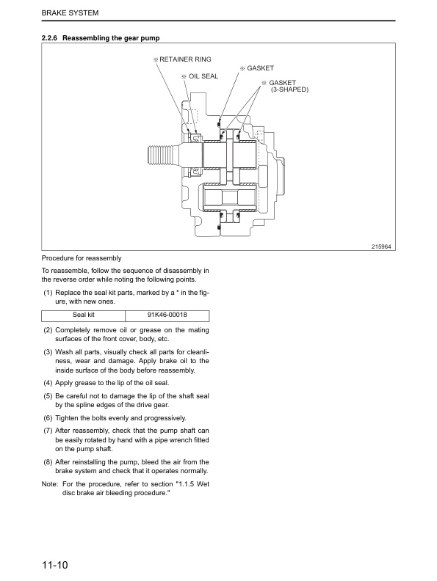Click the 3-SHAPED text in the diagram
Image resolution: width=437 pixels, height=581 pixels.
(x=289, y=89)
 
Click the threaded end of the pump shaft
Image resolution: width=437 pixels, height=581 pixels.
(x=162, y=153)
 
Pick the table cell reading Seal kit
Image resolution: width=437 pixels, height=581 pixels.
(x=84, y=315)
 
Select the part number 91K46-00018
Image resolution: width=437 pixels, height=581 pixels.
(x=167, y=315)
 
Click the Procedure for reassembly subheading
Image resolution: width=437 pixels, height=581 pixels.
(x=82, y=258)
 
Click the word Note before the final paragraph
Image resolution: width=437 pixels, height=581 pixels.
(x=49, y=483)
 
